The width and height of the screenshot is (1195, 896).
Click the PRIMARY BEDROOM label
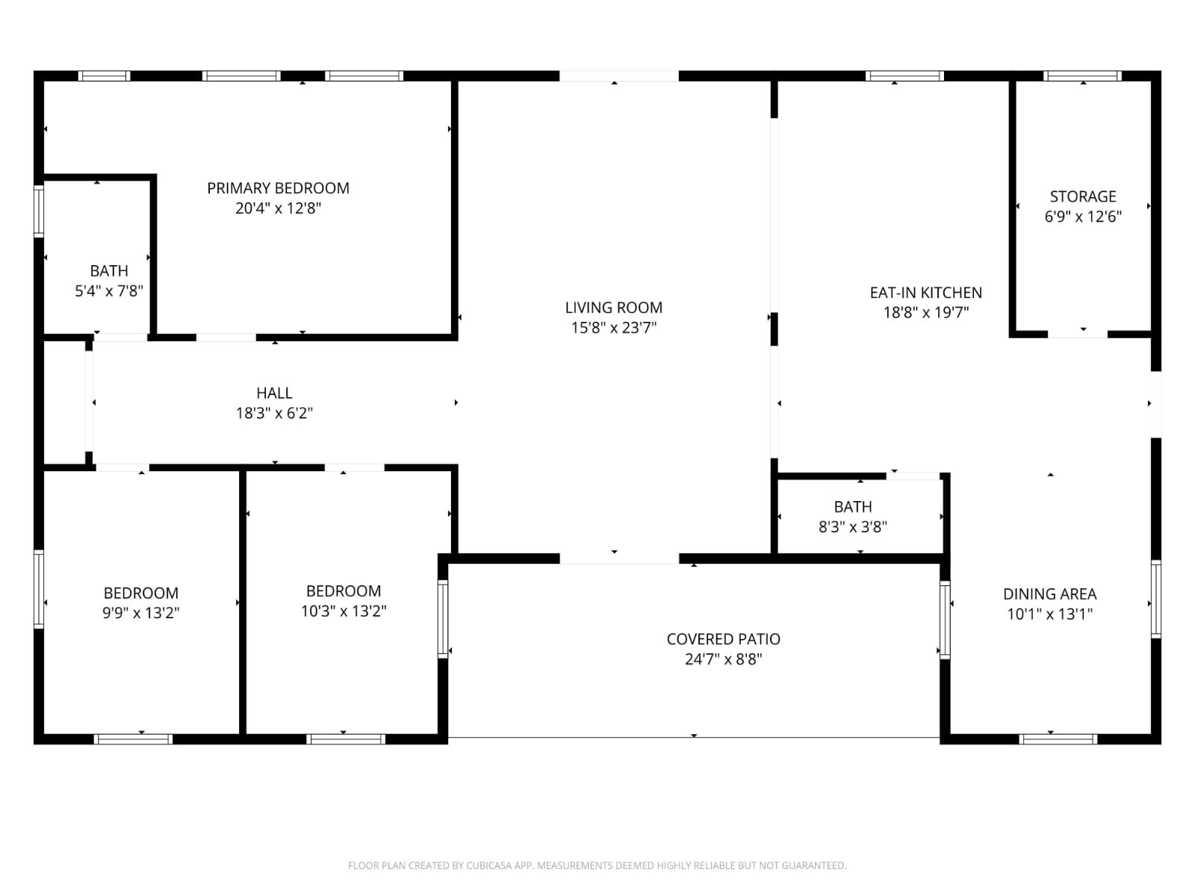tap(278, 188)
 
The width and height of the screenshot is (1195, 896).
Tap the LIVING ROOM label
tap(614, 308)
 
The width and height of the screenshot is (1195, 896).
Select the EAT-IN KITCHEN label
tap(925, 293)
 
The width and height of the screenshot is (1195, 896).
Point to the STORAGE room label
tap(1083, 196)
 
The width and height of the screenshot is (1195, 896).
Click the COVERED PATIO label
tap(723, 639)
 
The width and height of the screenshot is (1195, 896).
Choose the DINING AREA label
tap(1049, 594)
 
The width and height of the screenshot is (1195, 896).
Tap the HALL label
tap(274, 393)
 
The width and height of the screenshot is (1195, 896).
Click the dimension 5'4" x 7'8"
tap(109, 291)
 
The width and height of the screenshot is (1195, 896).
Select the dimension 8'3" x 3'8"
tap(853, 526)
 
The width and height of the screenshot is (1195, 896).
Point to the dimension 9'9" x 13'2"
tap(141, 613)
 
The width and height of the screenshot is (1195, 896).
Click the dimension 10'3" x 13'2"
tap(344, 611)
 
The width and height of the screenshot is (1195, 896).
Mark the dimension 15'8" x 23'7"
tap(614, 328)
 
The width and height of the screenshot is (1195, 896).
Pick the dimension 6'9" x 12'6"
tap(1083, 217)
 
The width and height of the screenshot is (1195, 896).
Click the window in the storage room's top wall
tap(1082, 75)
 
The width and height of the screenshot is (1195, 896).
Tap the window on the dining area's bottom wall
tap(1058, 738)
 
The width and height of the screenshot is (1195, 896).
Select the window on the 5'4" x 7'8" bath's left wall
tap(39, 211)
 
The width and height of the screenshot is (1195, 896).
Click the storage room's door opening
tap(1078, 334)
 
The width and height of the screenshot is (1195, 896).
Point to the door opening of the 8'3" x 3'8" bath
tap(913, 476)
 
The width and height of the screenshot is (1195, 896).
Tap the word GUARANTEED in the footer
tap(814, 865)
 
